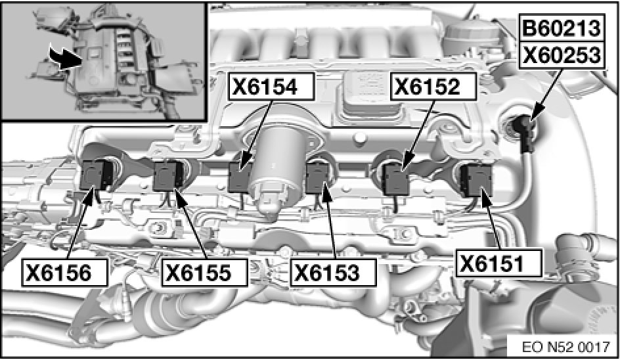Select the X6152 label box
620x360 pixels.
(x=433, y=86)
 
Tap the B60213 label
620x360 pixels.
(x=562, y=28)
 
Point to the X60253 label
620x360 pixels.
(x=562, y=55)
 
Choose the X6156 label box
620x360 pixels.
(x=65, y=272)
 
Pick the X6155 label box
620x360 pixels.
(x=204, y=272)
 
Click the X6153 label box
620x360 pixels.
(x=334, y=272)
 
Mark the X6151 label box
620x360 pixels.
(x=498, y=263)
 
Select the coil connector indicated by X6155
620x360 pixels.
(x=168, y=176)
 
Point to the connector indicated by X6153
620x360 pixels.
(x=317, y=179)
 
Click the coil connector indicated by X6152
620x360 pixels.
(x=398, y=179)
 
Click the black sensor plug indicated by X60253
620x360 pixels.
(x=525, y=133)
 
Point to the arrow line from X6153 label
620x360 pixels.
(x=330, y=221)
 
